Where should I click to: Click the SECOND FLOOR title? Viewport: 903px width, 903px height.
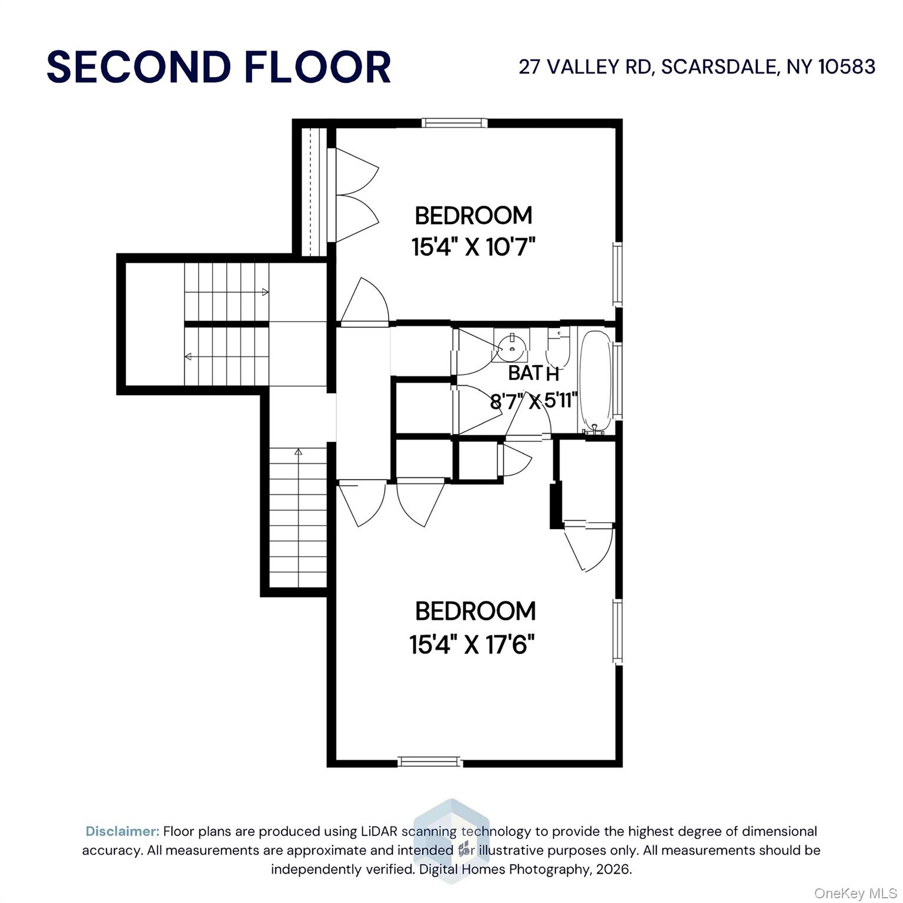[x=219, y=67]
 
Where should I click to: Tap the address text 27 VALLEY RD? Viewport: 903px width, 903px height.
[x=585, y=67]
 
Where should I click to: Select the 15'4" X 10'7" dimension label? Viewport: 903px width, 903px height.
[x=473, y=247]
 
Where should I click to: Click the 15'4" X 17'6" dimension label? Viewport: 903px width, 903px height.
[x=472, y=645]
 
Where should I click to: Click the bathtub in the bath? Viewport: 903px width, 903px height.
[x=596, y=382]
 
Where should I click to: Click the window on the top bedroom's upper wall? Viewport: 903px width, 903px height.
[x=454, y=123]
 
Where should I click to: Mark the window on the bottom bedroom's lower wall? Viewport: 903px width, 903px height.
[x=430, y=762]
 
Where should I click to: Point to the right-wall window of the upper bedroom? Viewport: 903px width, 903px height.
[x=617, y=274]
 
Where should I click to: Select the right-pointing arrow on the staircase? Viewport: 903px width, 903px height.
[x=265, y=292]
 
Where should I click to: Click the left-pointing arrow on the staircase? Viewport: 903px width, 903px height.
[x=188, y=356]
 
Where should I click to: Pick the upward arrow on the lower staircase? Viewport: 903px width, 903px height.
[x=298, y=452]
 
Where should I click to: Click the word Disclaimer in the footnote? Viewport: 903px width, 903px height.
[x=122, y=831]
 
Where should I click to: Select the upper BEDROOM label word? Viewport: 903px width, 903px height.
[x=473, y=216]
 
